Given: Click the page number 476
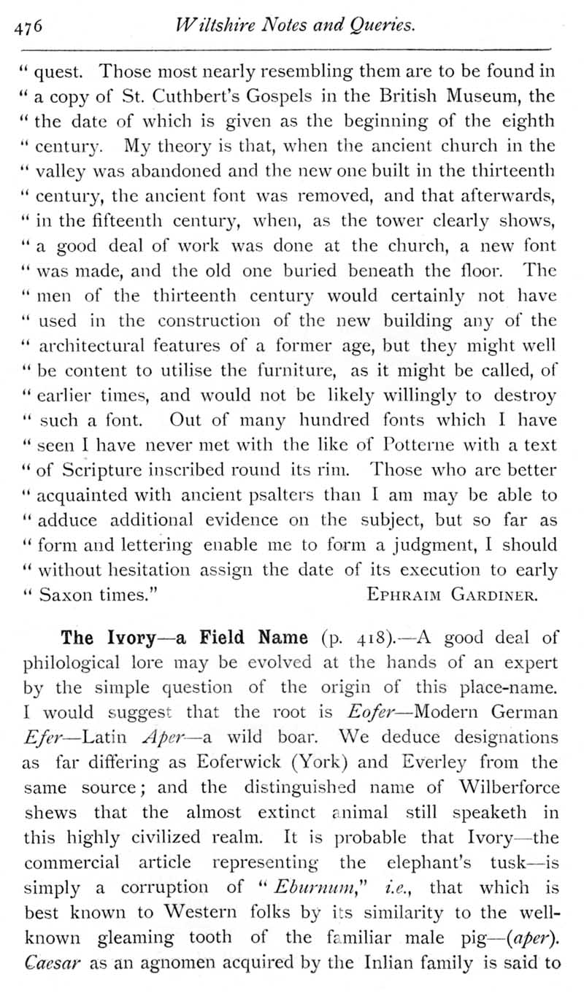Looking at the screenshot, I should [30, 26].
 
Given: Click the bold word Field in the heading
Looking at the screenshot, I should [220, 638].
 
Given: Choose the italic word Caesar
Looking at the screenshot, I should [48, 963].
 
